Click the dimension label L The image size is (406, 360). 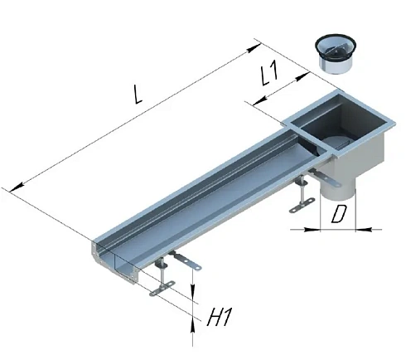[138, 95]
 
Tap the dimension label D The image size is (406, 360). [338, 215]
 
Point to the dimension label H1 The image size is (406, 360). [219, 316]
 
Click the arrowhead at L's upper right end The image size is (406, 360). [254, 48]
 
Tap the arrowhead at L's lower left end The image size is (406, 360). [17, 187]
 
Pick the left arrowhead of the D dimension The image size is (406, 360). [312, 230]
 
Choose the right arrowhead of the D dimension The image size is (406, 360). [363, 229]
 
